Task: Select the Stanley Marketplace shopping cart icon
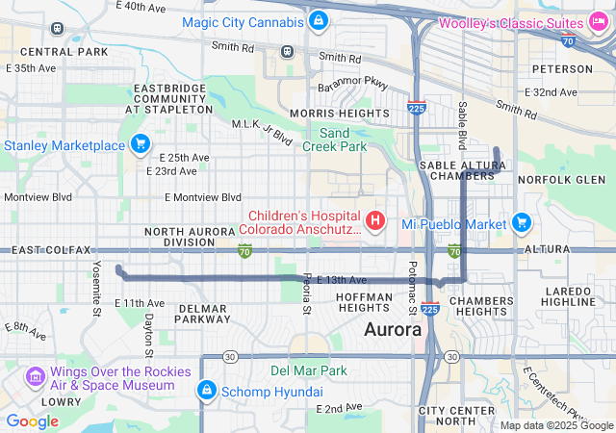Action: point(141,144)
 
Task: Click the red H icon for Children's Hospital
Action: point(374,221)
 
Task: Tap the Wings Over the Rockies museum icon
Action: point(36,374)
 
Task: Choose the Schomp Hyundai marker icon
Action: point(205,391)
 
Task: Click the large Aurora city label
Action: point(393,329)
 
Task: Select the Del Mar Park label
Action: point(308,369)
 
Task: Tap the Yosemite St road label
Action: point(96,288)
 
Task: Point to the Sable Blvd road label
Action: point(462,125)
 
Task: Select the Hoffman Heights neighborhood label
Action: point(364,302)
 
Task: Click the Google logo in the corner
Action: point(33,420)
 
